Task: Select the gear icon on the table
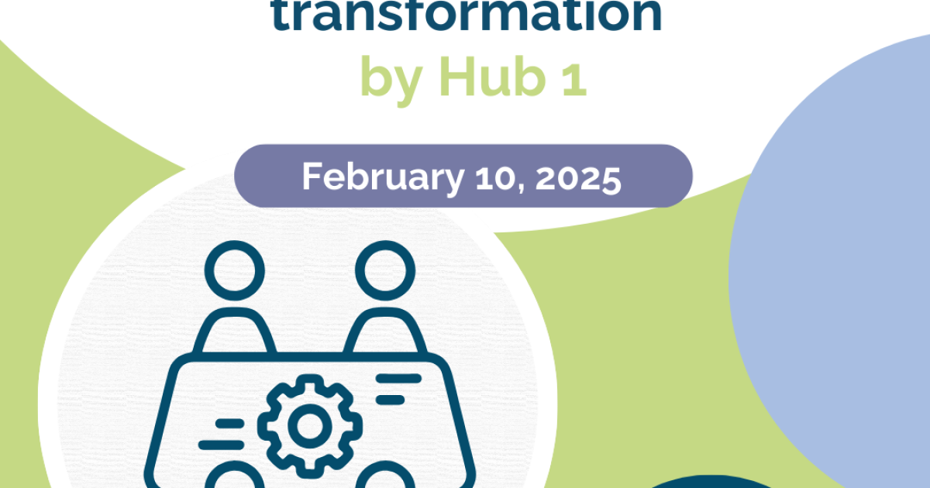click(308, 425)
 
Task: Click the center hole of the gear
click(308, 425)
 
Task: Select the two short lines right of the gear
click(395, 389)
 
